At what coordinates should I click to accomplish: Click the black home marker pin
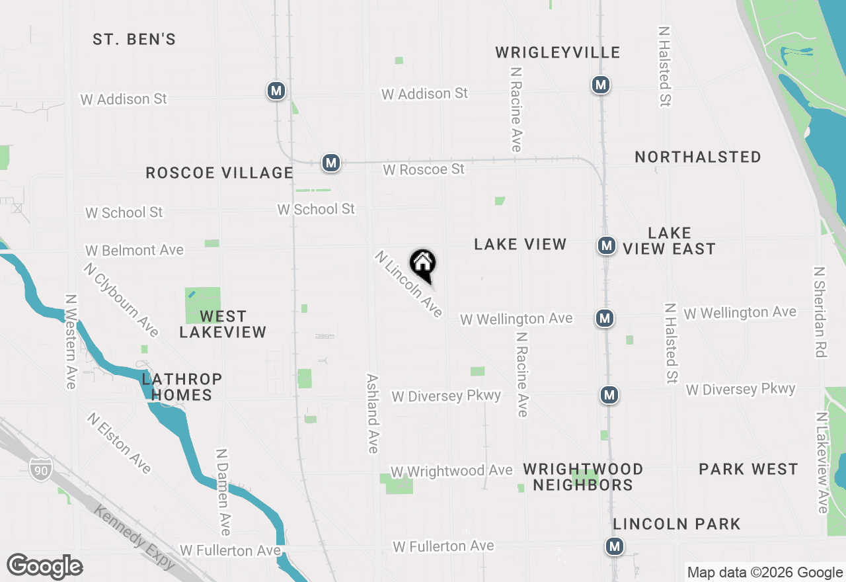[423, 265]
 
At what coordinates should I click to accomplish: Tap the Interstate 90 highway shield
[39, 470]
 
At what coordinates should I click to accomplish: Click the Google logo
[45, 567]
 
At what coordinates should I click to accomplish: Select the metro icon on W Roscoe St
[331, 162]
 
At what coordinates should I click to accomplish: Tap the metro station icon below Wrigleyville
[600, 85]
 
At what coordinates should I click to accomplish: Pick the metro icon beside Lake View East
[606, 245]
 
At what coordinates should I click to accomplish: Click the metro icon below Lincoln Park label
[615, 546]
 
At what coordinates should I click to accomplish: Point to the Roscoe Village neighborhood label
[219, 173]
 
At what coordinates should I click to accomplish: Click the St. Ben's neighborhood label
[134, 40]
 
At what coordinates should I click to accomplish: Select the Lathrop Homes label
[181, 387]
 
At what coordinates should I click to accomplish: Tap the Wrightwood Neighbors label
[583, 477]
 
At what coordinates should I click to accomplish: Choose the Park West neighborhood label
[748, 470]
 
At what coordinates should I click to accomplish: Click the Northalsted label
[698, 157]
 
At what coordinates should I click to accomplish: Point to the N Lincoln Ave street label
[408, 284]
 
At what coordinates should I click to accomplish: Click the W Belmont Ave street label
[134, 251]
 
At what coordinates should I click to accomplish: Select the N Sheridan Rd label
[820, 312]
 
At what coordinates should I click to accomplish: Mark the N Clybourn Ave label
[122, 300]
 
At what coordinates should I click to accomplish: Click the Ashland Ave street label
[373, 413]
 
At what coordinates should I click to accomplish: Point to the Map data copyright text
[765, 573]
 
